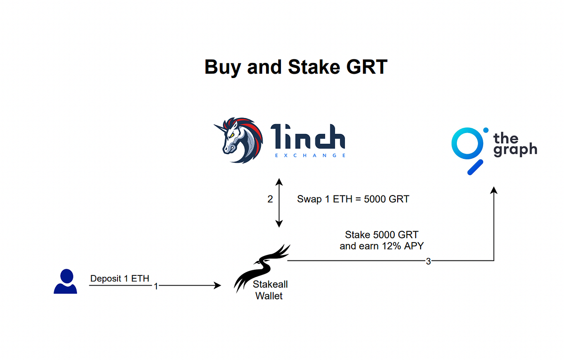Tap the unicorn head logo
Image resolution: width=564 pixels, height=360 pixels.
(x=238, y=140)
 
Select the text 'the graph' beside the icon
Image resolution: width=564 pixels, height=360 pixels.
(x=515, y=144)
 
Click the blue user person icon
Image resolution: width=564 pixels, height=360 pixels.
(x=65, y=282)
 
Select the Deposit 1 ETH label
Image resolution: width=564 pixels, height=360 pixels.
(x=119, y=279)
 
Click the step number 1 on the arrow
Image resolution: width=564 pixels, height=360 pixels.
(x=156, y=286)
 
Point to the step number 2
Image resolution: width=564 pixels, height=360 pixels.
(x=270, y=199)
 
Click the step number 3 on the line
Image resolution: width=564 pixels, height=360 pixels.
(x=428, y=261)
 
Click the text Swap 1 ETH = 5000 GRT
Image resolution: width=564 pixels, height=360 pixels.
(x=353, y=199)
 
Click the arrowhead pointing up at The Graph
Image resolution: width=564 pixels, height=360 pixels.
(x=493, y=190)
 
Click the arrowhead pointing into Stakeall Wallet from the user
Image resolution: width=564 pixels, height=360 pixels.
(x=218, y=285)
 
